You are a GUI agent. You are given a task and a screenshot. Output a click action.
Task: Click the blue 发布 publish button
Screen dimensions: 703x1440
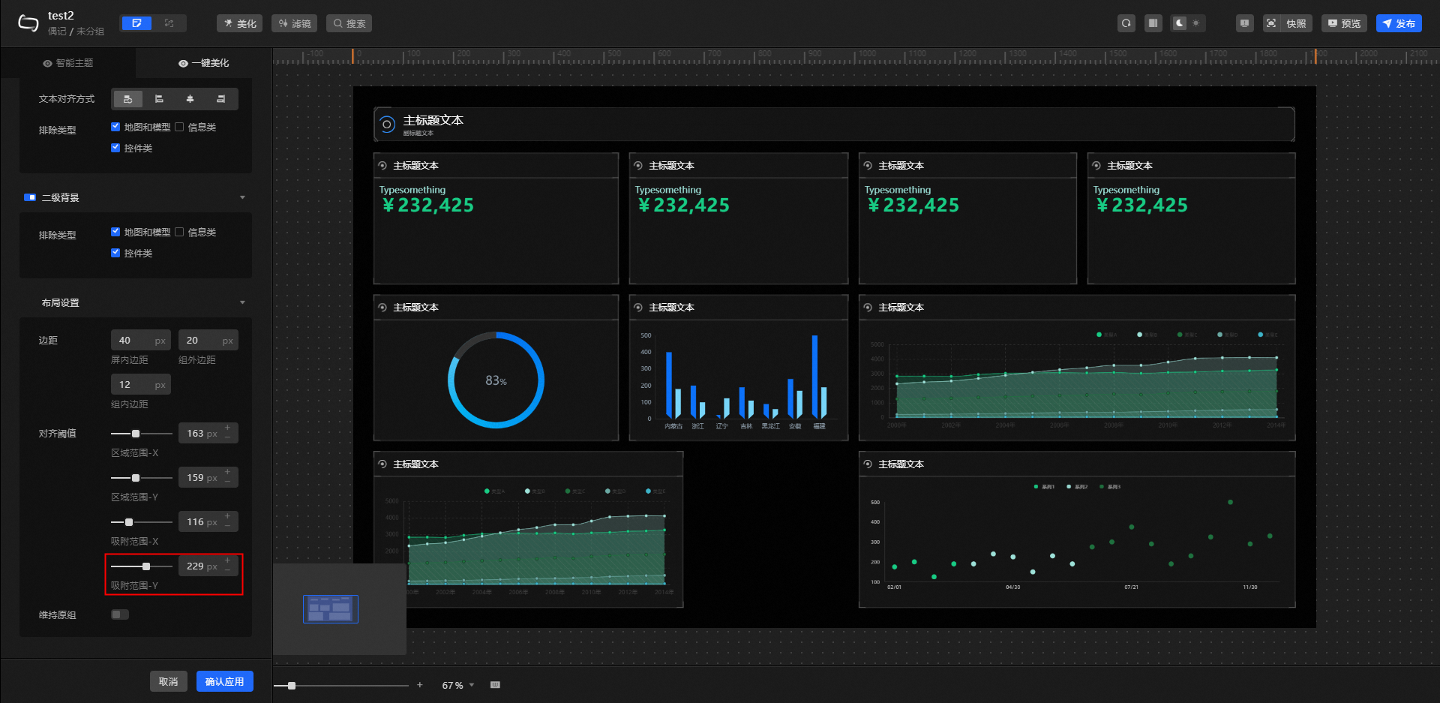[1399, 23]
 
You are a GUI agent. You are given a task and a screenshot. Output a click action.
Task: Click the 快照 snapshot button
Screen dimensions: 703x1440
[1288, 23]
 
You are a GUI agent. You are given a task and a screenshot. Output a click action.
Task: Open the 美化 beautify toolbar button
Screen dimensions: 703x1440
[239, 23]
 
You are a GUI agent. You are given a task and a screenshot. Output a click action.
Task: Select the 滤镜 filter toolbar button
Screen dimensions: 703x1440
[294, 23]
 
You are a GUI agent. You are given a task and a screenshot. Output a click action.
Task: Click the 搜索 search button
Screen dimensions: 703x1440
[349, 23]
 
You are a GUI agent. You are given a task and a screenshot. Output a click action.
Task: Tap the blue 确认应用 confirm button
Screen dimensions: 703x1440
[224, 681]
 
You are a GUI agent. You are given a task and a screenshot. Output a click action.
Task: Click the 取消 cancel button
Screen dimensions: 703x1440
[168, 681]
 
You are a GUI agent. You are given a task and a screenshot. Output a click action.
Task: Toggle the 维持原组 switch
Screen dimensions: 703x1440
[120, 614]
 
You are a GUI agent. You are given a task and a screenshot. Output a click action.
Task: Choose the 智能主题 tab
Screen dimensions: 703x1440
[68, 63]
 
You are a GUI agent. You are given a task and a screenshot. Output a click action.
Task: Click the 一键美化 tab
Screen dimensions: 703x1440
[204, 63]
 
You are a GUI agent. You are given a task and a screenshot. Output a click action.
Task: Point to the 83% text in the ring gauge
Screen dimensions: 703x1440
[496, 381]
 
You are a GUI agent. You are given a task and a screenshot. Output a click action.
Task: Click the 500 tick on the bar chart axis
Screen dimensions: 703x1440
[646, 335]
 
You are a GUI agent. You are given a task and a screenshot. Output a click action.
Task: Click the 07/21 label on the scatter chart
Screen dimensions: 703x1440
[1131, 587]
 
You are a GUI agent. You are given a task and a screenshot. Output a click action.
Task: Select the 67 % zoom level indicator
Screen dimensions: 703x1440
[453, 686]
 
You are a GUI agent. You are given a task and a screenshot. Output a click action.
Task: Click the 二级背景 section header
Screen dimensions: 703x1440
[60, 198]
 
